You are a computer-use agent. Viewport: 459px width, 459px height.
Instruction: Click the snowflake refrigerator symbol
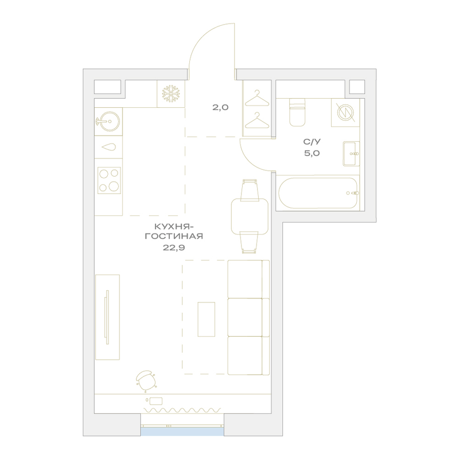(171, 94)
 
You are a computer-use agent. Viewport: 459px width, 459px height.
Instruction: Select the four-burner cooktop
(109, 180)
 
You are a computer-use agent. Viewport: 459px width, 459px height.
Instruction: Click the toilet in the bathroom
(297, 112)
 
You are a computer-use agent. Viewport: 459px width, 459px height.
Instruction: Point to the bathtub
(319, 193)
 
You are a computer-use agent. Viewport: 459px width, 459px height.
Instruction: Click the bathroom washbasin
(351, 154)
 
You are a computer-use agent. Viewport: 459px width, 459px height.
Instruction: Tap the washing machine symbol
(346, 112)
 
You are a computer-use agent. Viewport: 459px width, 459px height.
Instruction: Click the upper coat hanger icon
(256, 98)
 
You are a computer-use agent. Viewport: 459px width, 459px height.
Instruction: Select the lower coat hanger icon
(256, 120)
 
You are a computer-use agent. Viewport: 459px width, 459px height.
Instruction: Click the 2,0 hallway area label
(220, 107)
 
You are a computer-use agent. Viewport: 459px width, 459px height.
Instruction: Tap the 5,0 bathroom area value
(312, 153)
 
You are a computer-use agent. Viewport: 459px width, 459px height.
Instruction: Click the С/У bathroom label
(312, 142)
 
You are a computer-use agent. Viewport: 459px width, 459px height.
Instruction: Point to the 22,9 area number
(174, 248)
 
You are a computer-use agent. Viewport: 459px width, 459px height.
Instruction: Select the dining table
(250, 217)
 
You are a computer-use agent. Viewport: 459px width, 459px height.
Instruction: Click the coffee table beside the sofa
(207, 320)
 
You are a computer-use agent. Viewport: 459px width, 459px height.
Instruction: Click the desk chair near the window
(146, 380)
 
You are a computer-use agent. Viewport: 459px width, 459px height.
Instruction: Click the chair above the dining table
(250, 190)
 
